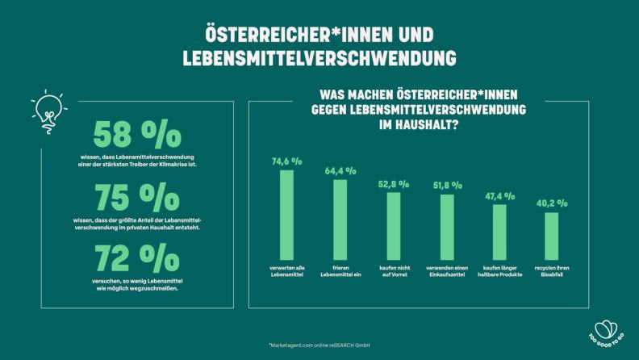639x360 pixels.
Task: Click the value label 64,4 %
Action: coord(340,171)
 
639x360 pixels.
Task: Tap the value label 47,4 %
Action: coord(499,196)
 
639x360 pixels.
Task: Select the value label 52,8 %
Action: coord(393,184)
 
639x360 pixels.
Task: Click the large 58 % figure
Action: coord(137,135)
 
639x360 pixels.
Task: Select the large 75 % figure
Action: coord(137,198)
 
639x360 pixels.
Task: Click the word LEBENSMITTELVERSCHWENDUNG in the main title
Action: coord(319,59)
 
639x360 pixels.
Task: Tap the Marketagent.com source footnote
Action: coord(319,345)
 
